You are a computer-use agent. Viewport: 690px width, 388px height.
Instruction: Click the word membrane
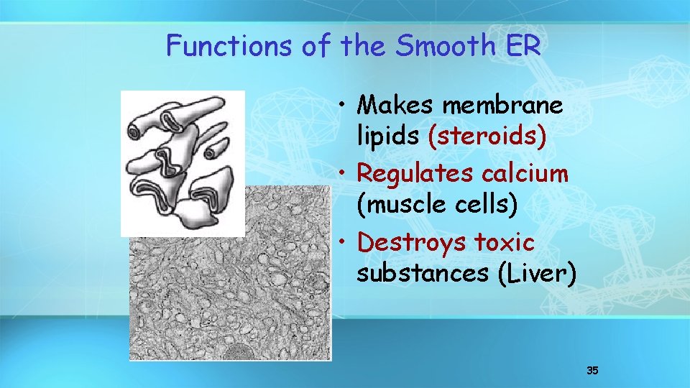pos(502,105)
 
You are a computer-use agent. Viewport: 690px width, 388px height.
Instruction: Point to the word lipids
pos(389,137)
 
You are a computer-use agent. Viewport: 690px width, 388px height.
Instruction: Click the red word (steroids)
pos(487,137)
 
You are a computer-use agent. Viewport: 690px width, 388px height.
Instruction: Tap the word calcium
pos(527,173)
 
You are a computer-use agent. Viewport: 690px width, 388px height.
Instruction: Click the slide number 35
pos(592,371)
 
